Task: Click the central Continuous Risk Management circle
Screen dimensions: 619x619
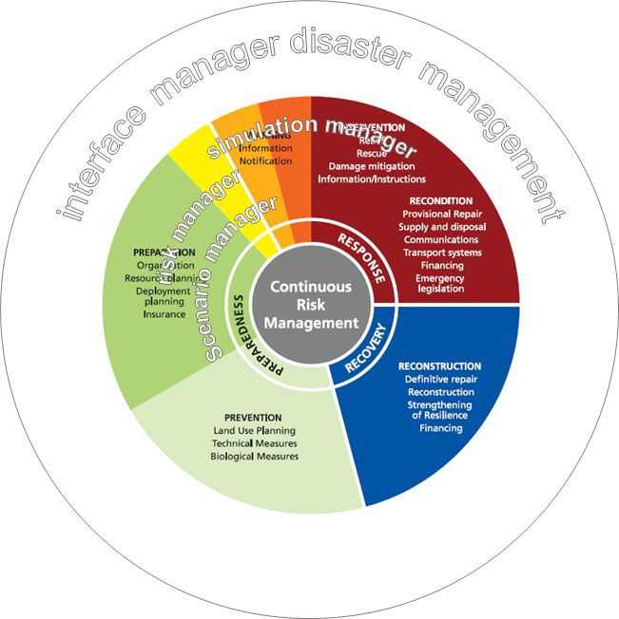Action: point(310,305)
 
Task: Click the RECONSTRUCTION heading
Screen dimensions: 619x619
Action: point(439,366)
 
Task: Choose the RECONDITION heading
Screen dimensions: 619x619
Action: point(440,201)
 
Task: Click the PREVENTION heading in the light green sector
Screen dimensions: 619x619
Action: point(253,418)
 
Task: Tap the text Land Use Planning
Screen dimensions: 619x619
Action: point(254,431)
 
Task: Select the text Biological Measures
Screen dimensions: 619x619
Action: point(255,457)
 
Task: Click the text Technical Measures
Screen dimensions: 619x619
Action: point(255,443)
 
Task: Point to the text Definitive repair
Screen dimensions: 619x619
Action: point(438,379)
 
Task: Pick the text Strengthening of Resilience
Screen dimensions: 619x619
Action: point(438,409)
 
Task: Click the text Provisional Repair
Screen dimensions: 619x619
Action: point(441,215)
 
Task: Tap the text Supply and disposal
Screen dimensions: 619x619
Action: point(441,227)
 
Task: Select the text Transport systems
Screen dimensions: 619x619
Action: point(441,253)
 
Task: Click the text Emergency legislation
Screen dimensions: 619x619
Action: point(439,283)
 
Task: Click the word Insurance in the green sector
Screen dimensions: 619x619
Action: point(164,314)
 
